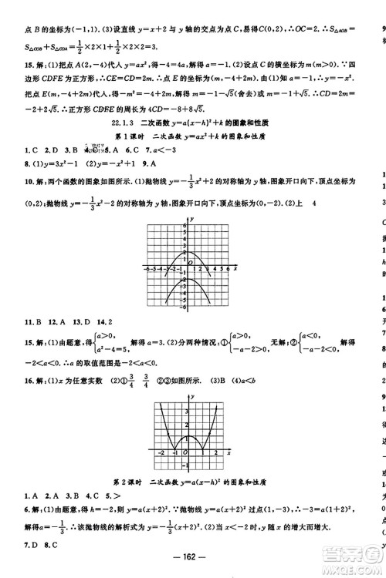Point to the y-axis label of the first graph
click(190, 220)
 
